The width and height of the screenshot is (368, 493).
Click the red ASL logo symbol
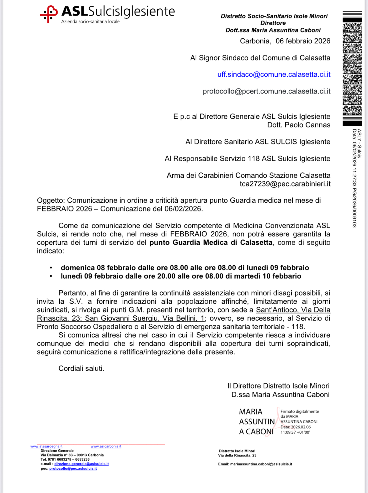[49, 14]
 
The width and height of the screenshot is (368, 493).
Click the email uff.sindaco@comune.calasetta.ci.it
[274, 75]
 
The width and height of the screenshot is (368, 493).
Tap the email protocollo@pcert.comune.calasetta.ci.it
[266, 91]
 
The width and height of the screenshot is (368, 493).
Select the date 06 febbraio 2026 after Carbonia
[303, 41]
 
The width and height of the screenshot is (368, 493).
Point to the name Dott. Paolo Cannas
[298, 125]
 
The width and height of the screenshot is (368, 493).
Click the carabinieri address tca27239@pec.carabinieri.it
[285, 184]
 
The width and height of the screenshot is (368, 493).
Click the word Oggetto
[51, 201]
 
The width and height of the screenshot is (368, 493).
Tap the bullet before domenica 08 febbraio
[51, 268]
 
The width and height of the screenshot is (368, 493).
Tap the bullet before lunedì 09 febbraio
[51, 276]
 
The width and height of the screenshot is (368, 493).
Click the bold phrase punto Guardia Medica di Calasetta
[211, 243]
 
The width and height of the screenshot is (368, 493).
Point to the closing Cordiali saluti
[81, 369]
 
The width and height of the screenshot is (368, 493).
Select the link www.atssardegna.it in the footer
[46, 447]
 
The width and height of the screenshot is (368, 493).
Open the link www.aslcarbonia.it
[106, 447]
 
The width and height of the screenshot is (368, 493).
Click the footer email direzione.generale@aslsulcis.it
[81, 464]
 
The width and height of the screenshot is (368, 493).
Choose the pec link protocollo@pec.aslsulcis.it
[73, 469]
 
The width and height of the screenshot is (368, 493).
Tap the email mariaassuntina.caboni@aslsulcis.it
[261, 464]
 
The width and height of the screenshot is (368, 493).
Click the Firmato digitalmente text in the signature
[299, 412]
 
